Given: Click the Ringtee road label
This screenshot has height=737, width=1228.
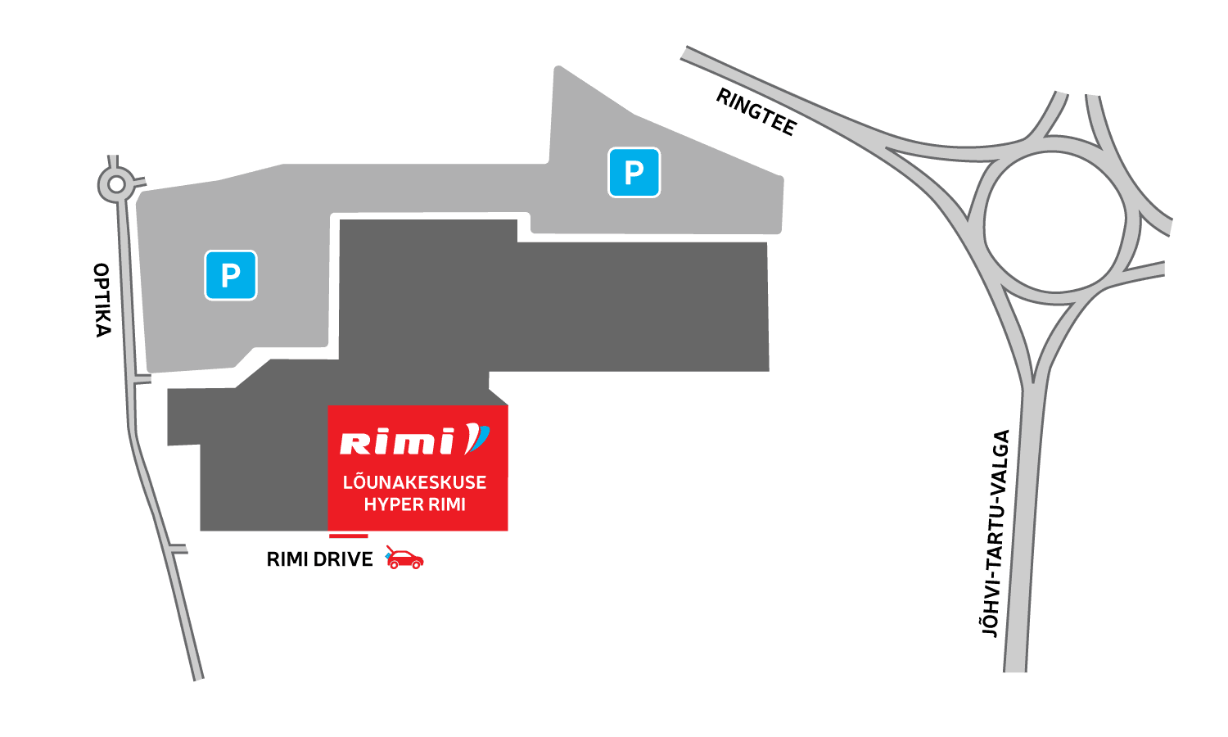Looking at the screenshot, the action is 756,112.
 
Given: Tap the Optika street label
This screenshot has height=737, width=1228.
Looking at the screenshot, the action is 102,300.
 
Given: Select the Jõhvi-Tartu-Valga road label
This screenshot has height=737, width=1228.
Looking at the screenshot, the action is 995,533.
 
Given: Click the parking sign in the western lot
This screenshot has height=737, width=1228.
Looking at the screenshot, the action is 231,275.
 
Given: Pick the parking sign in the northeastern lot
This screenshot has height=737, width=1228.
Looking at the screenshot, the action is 634,172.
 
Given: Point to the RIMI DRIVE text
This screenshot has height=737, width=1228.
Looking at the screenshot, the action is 319,559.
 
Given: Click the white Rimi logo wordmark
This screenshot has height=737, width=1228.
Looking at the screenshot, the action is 397,442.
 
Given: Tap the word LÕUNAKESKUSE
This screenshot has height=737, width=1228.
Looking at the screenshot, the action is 414,482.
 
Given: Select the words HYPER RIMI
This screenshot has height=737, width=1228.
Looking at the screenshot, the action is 414,504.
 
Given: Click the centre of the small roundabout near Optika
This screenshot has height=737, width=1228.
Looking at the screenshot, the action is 116,185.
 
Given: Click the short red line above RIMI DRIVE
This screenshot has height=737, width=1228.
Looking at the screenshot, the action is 348,536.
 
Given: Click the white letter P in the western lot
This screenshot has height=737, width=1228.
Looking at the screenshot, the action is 231,275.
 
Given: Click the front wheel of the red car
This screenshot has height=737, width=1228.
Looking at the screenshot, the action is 417,564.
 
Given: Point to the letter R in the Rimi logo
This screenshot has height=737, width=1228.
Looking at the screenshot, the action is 353,443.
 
